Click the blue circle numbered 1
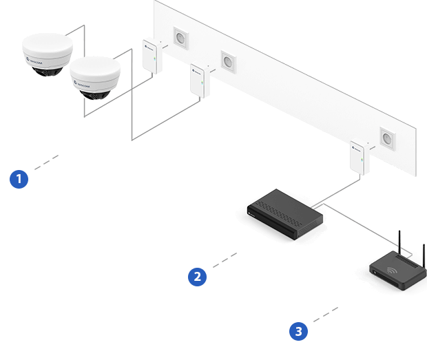pyautogui.click(x=19, y=180)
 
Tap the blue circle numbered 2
pyautogui.click(x=198, y=277)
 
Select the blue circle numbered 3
pyautogui.click(x=298, y=332)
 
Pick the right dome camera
pyautogui.click(x=94, y=77)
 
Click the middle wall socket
pyautogui.click(x=228, y=61)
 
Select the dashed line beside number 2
pyautogui.click(x=225, y=260)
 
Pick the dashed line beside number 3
pyautogui.click(x=325, y=314)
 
